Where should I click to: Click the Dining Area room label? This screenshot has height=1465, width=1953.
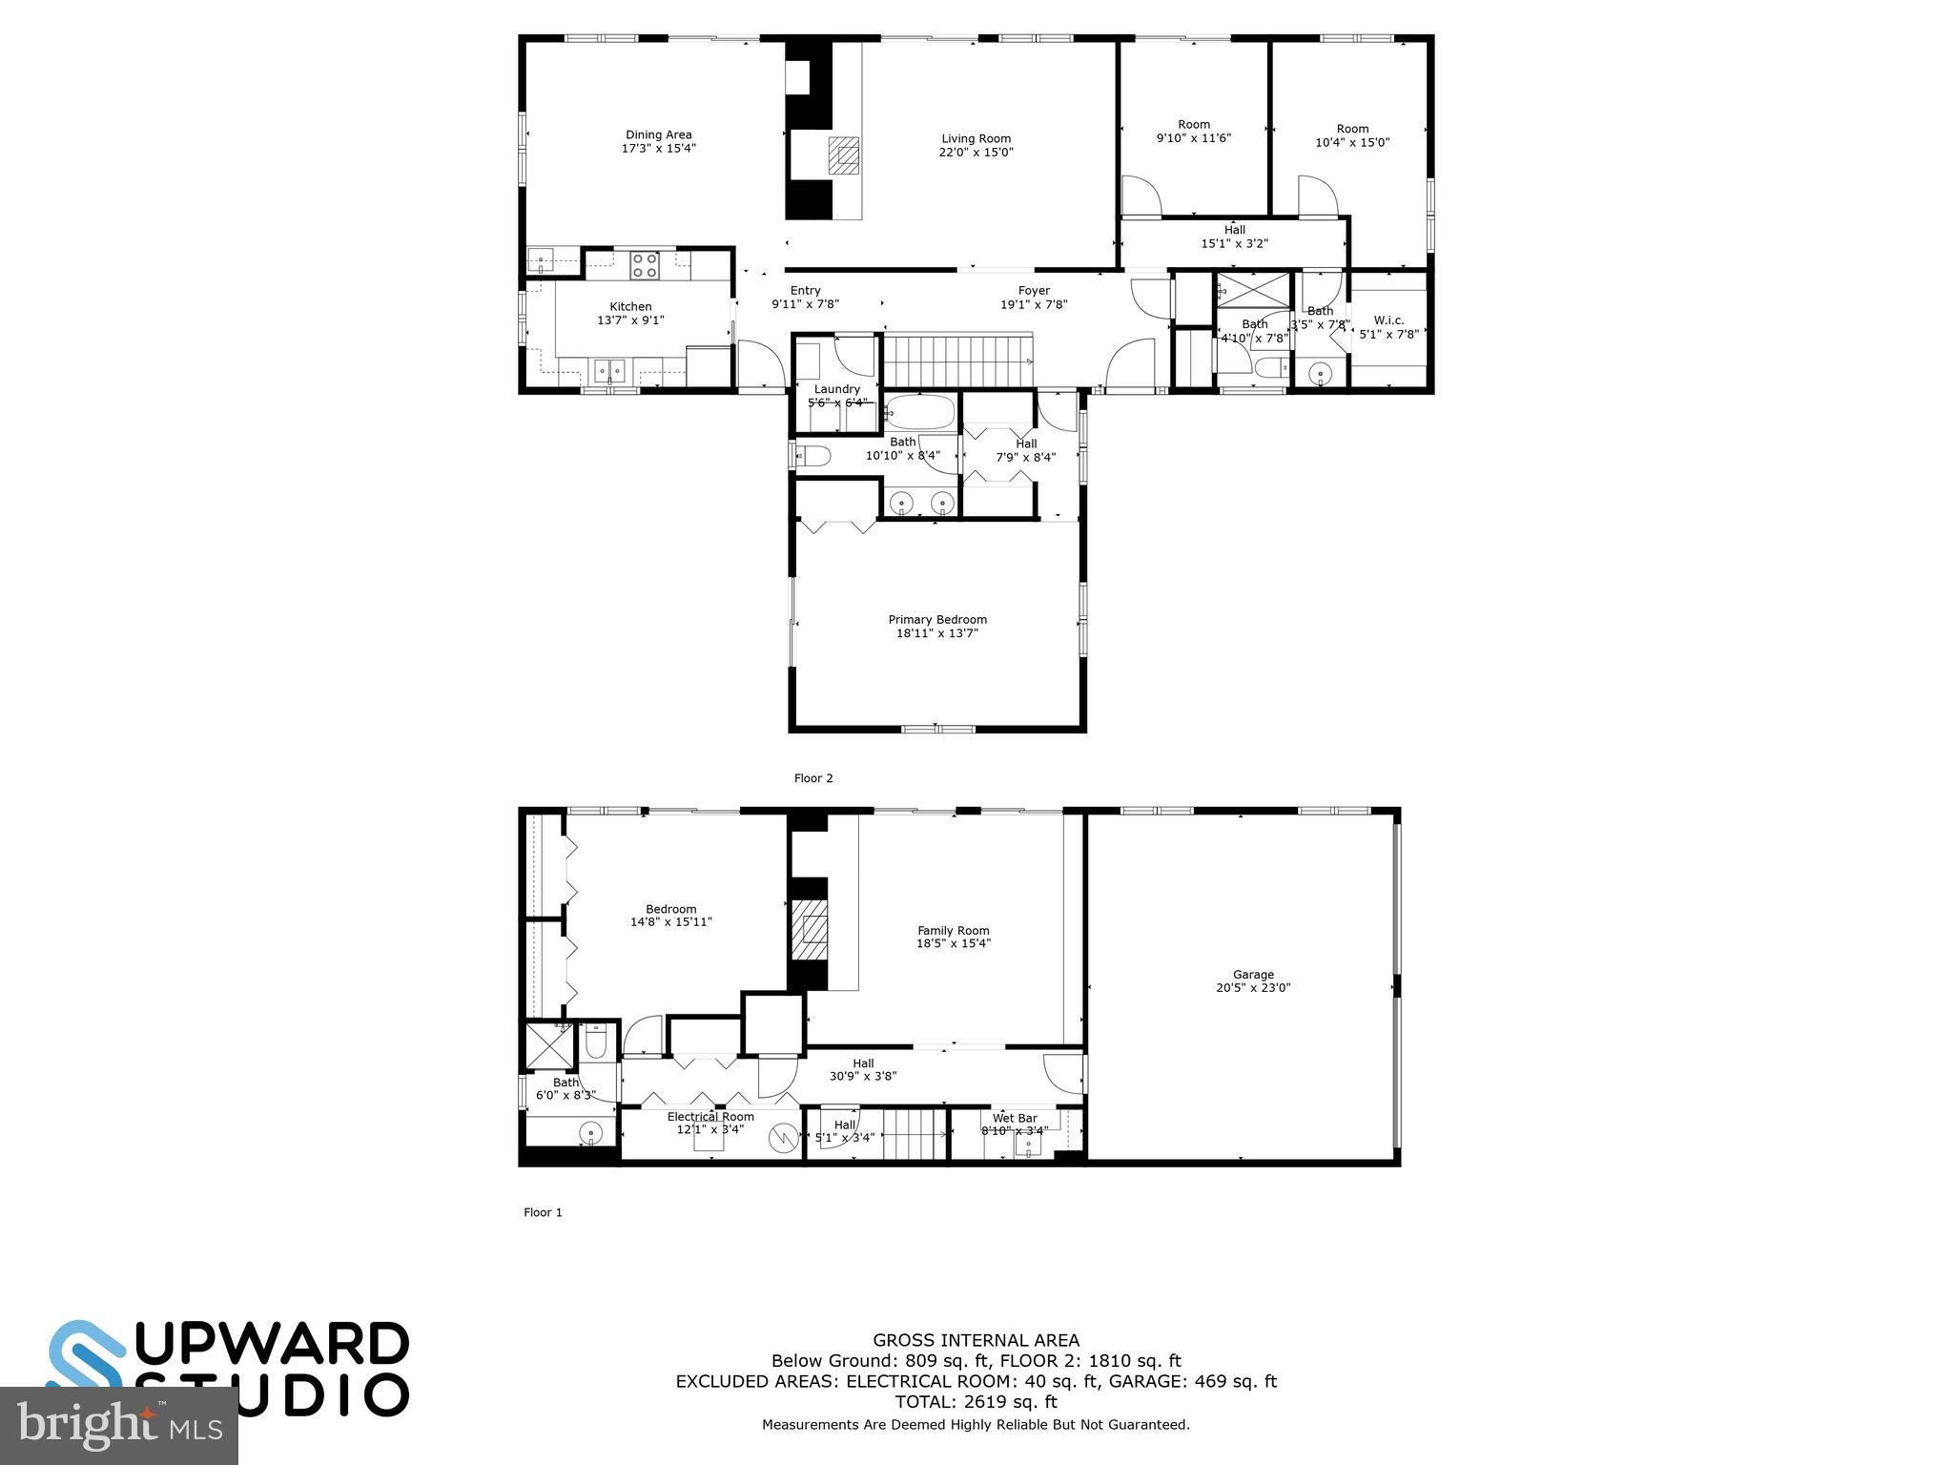658,134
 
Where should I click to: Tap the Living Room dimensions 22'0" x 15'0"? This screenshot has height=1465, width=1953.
976,152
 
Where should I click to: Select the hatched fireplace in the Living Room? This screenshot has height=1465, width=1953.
843,155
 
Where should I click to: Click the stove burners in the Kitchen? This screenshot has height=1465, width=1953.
644,264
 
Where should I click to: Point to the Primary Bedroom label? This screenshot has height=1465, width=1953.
937,619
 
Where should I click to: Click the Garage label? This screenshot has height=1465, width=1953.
1252,975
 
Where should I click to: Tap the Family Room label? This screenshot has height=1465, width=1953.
953,930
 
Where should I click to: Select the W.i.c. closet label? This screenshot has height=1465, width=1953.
1388,320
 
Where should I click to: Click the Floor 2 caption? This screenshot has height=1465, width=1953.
813,778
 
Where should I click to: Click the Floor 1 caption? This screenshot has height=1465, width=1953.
543,1212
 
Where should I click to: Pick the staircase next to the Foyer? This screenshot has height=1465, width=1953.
957,360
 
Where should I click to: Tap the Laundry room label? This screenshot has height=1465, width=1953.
837,389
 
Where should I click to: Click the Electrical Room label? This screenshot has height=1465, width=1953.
710,1117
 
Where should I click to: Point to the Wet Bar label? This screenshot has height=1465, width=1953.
1015,1118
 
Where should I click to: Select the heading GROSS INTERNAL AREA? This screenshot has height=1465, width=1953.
976,1340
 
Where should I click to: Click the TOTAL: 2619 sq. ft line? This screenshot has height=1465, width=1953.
976,1401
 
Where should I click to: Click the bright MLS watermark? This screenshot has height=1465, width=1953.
119,1426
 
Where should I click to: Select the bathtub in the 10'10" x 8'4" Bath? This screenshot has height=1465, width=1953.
919,413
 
